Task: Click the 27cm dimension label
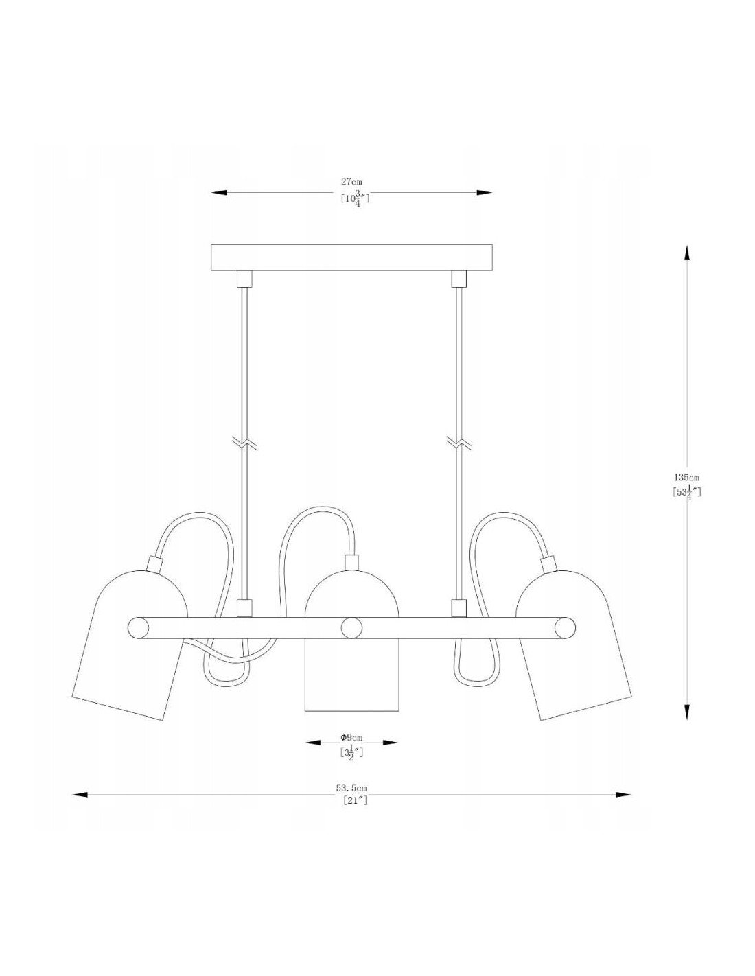(351, 182)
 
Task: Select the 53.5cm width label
(351, 788)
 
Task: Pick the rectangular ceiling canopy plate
(351, 257)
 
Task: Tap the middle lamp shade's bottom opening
(351, 711)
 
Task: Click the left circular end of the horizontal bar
(139, 627)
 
